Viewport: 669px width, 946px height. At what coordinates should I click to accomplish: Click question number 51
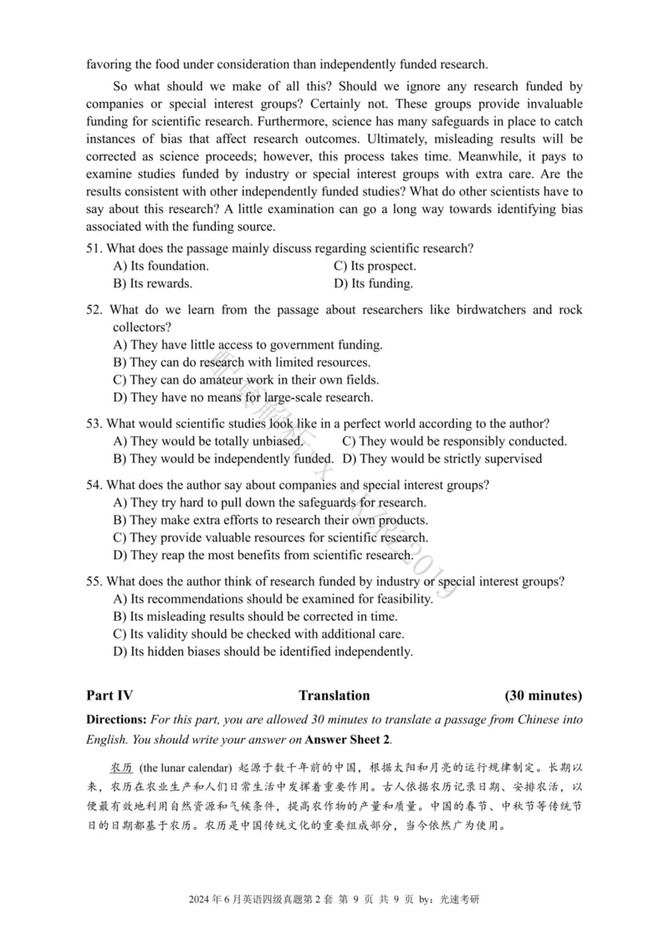94,248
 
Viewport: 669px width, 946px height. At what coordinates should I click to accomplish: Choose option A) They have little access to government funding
248,344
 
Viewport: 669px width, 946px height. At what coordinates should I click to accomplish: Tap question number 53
94,424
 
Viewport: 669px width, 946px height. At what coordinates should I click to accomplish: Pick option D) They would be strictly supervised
442,458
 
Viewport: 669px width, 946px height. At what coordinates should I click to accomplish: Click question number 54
94,485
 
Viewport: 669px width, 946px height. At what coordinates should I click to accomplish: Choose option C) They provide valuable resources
270,537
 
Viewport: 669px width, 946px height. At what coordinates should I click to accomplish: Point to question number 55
94,581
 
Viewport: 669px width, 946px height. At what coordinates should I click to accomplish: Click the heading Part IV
110,695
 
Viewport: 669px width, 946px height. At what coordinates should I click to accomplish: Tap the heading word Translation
334,695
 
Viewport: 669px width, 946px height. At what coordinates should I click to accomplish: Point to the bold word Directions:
116,720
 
